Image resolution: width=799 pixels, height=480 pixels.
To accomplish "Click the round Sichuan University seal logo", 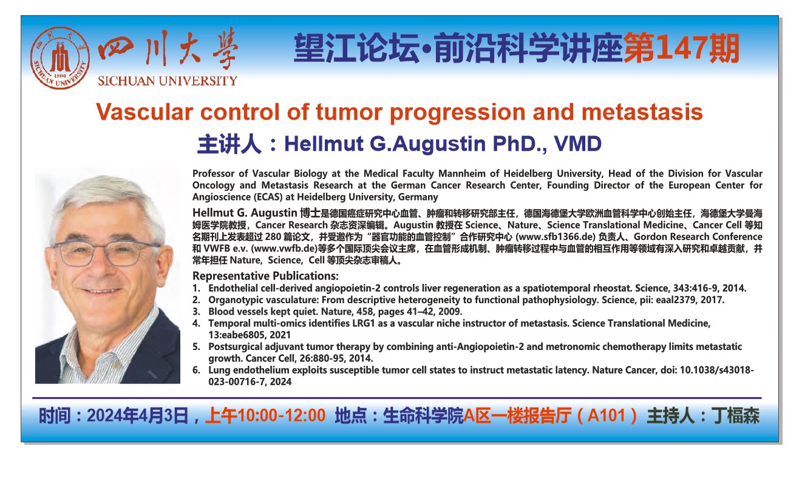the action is click(x=60, y=58).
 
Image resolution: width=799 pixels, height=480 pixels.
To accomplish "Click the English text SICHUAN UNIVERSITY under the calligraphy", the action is click(x=168, y=81).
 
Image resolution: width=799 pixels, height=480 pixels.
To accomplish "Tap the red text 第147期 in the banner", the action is click(x=681, y=48).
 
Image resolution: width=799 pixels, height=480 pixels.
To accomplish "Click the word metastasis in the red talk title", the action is click(x=642, y=112).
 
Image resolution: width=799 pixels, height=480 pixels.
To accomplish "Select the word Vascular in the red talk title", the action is click(x=144, y=112).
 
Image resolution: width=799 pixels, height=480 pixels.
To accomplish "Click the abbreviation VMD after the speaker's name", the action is click(x=577, y=143).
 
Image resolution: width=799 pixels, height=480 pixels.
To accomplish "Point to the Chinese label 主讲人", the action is click(x=229, y=144).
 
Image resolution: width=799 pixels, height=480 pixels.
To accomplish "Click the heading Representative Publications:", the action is click(x=265, y=276).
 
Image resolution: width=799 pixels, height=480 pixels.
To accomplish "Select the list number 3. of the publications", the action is click(x=196, y=312).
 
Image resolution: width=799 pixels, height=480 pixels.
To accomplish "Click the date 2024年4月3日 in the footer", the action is click(x=138, y=416).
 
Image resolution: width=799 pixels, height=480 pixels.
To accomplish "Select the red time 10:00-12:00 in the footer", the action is click(x=282, y=416).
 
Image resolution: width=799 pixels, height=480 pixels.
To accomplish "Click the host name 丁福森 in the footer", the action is click(x=735, y=416).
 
